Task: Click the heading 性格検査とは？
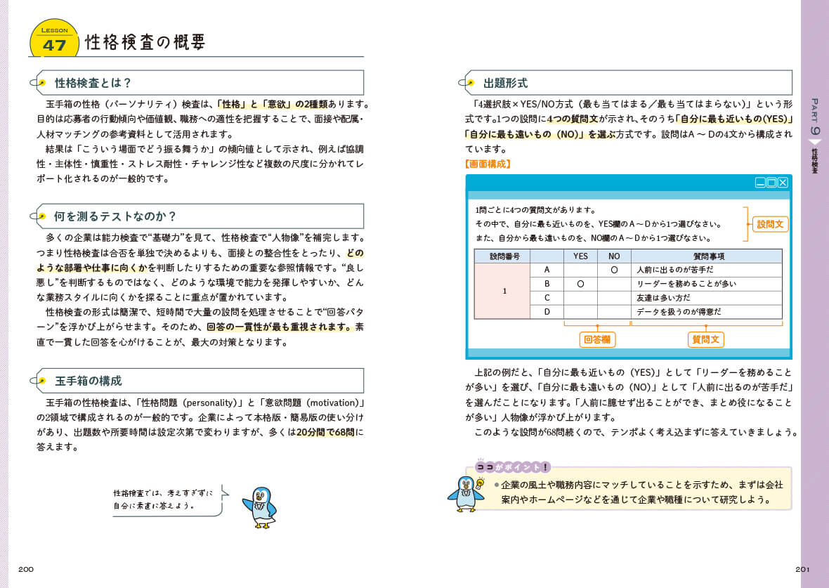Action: [93, 83]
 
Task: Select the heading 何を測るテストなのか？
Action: [115, 216]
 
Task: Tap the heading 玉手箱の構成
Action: [89, 381]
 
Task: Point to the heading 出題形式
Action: [505, 83]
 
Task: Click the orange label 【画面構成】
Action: [488, 164]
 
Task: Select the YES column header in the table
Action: [580, 256]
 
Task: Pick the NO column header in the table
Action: [614, 256]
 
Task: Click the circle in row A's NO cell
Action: [614, 270]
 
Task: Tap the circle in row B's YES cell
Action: [580, 284]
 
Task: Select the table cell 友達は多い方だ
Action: [665, 298]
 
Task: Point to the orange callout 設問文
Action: [771, 224]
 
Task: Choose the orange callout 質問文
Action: [706, 339]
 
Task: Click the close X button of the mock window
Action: [783, 183]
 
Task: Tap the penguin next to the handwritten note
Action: [260, 506]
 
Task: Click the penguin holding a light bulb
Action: [466, 494]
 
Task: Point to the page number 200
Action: [26, 569]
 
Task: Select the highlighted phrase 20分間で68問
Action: [325, 432]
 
